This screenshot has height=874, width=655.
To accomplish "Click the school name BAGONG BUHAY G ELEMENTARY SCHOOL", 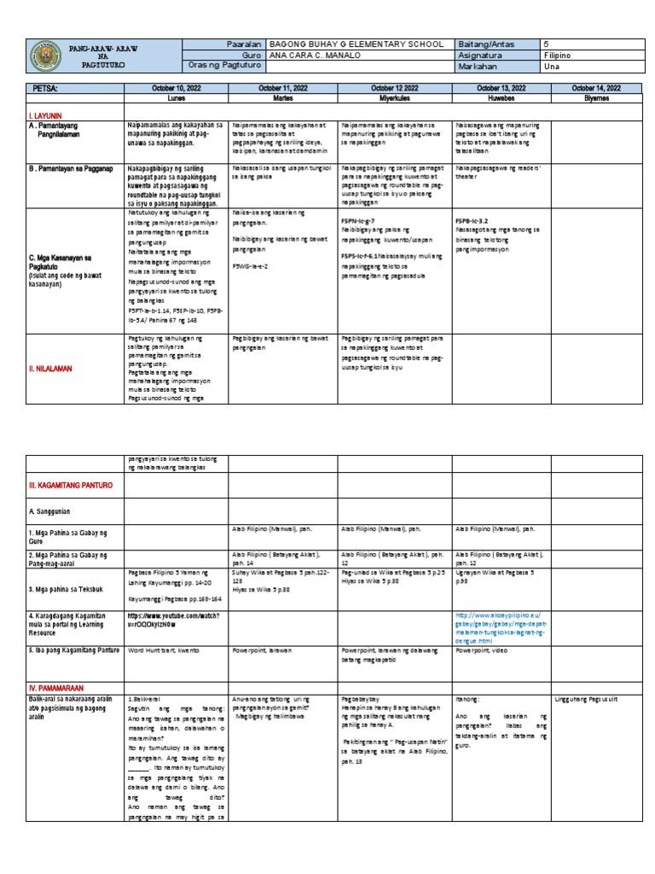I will pyautogui.click(x=356, y=44).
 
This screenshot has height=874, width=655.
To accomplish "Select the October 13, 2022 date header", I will pyautogui.click(x=501, y=88).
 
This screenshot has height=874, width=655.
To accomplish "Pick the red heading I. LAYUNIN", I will pyautogui.click(x=47, y=113).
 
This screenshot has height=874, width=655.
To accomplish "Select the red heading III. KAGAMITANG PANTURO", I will pyautogui.click(x=71, y=485).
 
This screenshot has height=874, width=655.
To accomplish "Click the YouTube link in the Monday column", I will pyautogui.click(x=174, y=618).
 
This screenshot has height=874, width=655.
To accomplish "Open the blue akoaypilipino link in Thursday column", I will pyautogui.click(x=501, y=626).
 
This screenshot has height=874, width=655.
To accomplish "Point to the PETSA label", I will pyautogui.click(x=45, y=88).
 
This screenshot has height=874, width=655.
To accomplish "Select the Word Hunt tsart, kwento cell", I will pyautogui.click(x=162, y=650).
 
